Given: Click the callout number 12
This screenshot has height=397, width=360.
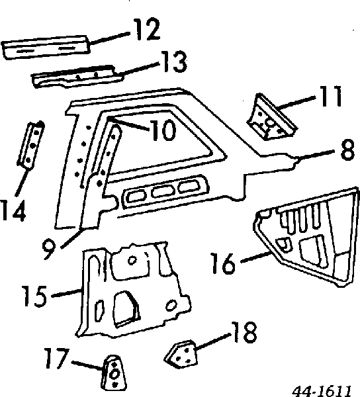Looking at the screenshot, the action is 148,29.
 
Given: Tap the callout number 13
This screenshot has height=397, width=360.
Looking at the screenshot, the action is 175,62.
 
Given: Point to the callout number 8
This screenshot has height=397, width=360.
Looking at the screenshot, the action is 347,150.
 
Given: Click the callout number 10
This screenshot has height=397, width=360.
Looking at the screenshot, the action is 163,130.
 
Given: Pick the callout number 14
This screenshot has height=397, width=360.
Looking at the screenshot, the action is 13,210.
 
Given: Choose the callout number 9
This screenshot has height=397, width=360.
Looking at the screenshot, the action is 49,249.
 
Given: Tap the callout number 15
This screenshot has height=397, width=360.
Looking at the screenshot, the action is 34,296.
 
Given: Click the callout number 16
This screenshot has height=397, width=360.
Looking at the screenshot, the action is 224,263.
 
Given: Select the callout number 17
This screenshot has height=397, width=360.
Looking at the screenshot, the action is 57,358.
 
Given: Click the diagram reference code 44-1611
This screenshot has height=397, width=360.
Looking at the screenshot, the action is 322,391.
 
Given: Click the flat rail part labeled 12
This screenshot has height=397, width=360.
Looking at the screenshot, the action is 46,48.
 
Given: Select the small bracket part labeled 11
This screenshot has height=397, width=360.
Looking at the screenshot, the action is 271,118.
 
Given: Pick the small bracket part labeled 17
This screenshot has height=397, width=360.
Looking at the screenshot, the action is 114,373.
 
